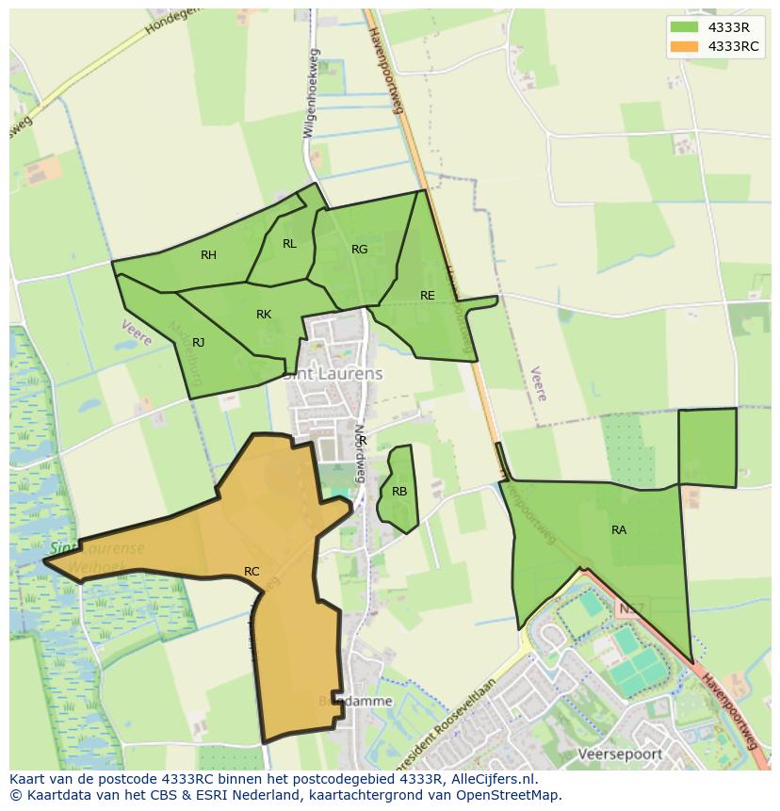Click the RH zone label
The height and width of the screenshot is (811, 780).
(208, 255)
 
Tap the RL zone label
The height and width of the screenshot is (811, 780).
(289, 244)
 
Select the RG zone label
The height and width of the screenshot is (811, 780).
(359, 250)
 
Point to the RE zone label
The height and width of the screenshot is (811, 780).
(428, 296)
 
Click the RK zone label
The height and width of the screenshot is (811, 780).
(264, 315)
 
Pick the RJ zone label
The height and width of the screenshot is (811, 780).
(199, 343)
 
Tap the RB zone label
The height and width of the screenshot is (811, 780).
(399, 492)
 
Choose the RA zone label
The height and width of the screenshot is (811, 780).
(619, 530)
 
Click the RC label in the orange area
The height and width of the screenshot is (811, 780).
(252, 572)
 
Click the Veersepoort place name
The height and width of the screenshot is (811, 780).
(620, 754)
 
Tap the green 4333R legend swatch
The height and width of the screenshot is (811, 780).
(684, 27)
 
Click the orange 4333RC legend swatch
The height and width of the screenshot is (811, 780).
(684, 46)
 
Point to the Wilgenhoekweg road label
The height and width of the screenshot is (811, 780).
(311, 94)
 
